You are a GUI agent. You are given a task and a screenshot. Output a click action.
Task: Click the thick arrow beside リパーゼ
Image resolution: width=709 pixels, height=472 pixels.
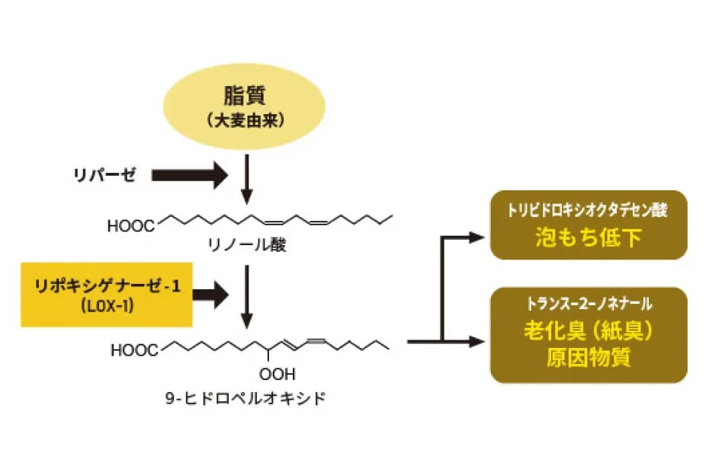pos(190,176)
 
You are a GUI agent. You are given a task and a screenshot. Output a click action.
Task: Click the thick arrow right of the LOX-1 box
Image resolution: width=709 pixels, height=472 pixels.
pos(211,294)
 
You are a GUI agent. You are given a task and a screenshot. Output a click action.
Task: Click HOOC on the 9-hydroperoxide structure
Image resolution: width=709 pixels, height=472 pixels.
pos(134,351)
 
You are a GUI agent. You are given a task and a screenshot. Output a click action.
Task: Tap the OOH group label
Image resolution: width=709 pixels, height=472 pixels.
pos(277,375)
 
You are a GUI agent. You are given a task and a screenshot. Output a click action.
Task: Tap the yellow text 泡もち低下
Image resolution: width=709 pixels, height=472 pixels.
pos(588,238)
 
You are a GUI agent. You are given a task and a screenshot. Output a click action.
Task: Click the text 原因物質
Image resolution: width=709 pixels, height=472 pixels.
pos(589,358)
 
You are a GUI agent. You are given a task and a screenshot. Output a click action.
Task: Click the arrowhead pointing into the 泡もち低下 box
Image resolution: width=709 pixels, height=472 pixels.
pos(476,238)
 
